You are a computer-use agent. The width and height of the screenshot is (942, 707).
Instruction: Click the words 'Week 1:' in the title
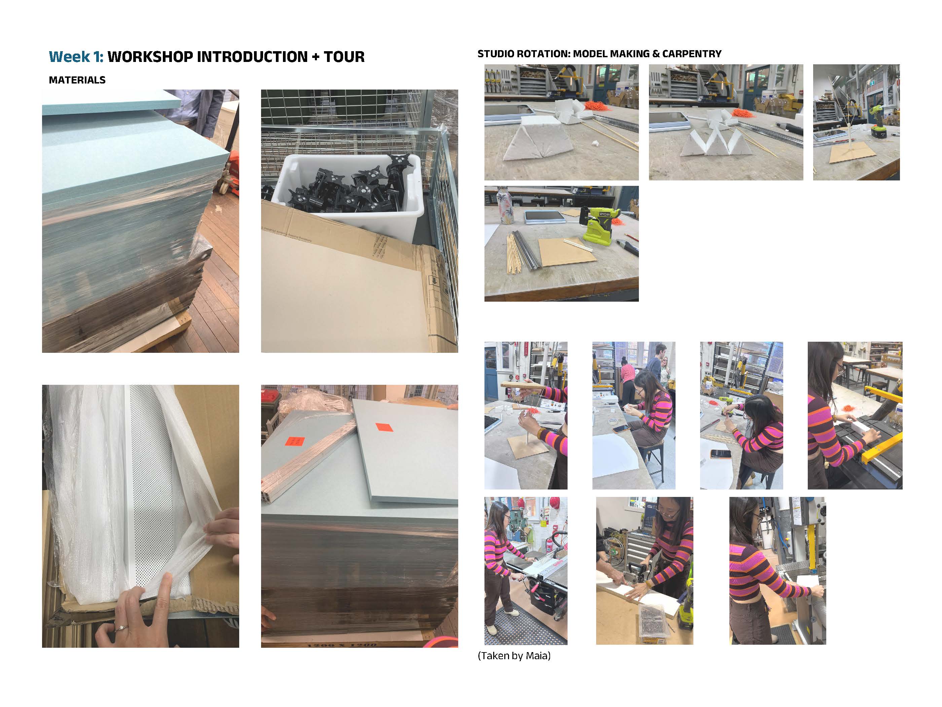(76, 57)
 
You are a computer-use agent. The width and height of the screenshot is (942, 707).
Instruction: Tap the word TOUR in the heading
(344, 57)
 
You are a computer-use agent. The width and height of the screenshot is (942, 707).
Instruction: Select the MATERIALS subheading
(77, 80)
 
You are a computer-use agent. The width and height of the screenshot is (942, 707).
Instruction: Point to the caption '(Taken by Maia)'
(514, 655)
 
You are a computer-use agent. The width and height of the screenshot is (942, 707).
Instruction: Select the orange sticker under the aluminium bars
(295, 442)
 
